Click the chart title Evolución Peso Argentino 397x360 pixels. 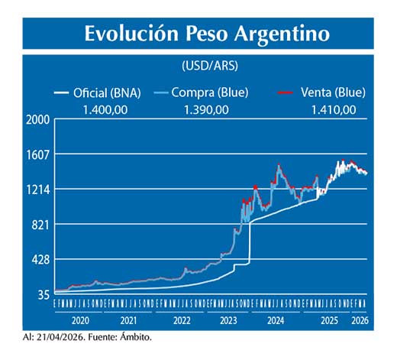(207, 34)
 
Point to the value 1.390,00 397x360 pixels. (206, 110)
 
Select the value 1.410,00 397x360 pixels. (333, 110)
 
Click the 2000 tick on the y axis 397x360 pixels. (38, 120)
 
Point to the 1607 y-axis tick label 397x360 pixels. (38, 154)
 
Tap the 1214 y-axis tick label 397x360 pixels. (38, 190)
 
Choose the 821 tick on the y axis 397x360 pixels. (41, 225)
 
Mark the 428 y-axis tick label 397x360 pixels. (41, 260)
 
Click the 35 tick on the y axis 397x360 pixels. (44, 294)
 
